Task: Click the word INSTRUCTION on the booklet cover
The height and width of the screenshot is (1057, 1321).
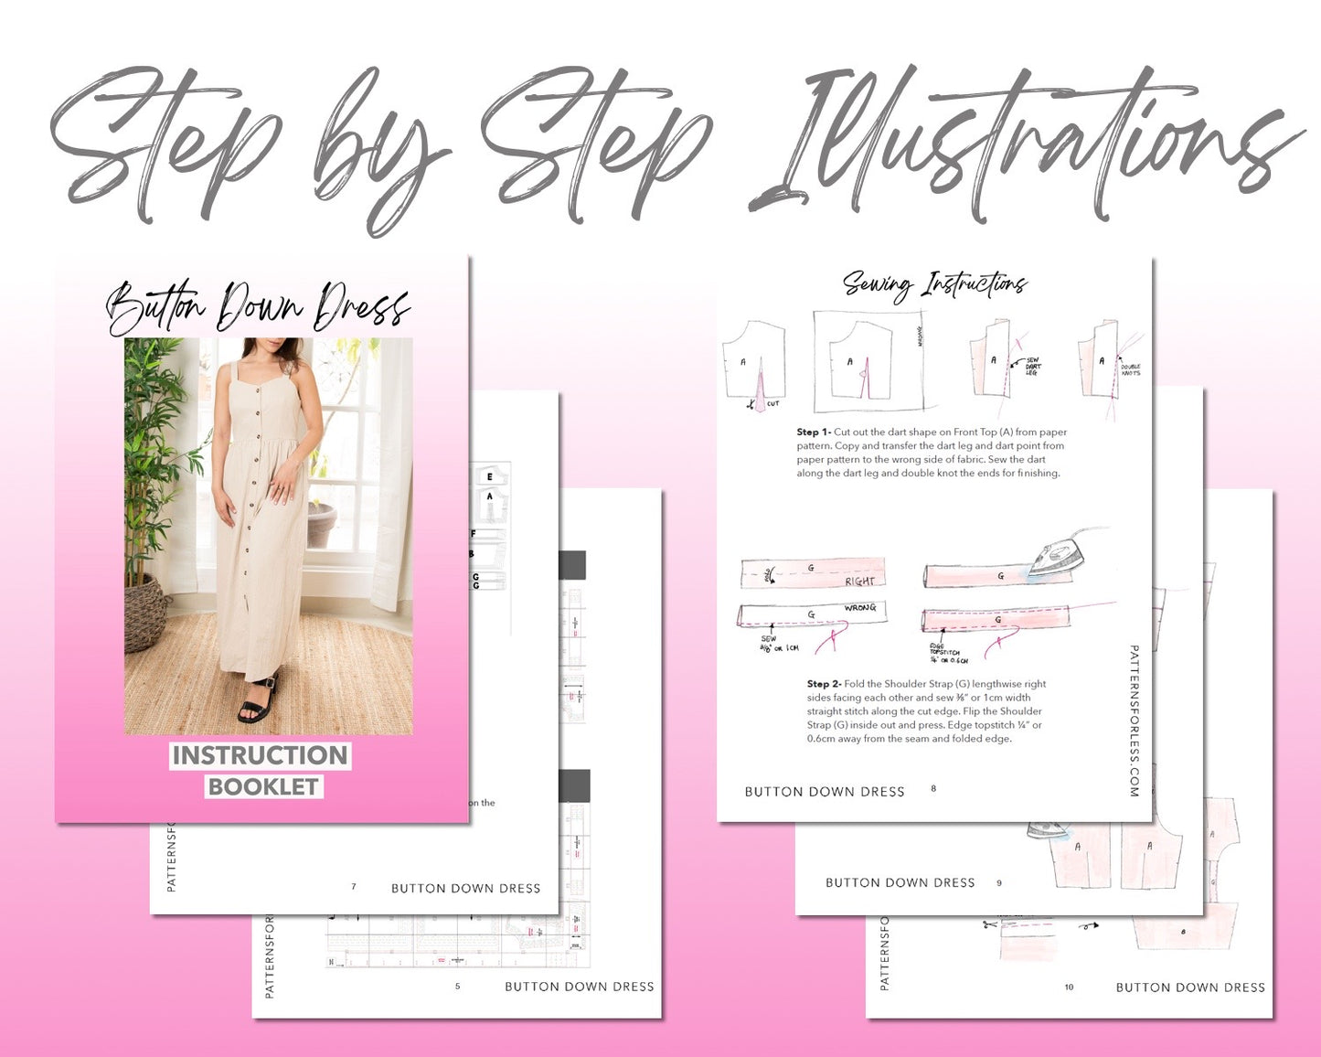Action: tap(261, 755)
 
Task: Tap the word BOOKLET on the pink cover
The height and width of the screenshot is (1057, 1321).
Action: tap(263, 786)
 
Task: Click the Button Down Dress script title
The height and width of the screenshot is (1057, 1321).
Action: tap(258, 308)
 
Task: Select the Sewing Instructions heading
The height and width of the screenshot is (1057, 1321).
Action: tap(934, 284)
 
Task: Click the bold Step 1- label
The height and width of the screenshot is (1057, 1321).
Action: tap(813, 432)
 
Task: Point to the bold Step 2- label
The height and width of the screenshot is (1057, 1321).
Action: tap(824, 683)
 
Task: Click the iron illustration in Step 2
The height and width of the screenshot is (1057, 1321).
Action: tap(1060, 556)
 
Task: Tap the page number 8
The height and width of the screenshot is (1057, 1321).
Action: tap(933, 788)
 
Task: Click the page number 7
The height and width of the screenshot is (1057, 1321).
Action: tap(354, 886)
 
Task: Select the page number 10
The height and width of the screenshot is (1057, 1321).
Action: tap(1069, 987)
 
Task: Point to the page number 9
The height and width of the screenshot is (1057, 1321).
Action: tap(999, 882)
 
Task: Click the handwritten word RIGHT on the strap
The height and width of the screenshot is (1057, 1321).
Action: tap(859, 581)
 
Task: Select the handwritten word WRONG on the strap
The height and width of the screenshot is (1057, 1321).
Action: tap(859, 608)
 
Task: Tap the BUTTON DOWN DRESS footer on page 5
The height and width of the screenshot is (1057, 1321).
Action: tap(579, 987)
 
